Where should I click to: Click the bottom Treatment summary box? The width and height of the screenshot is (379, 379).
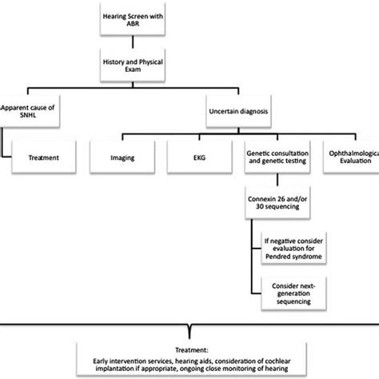(190, 359)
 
